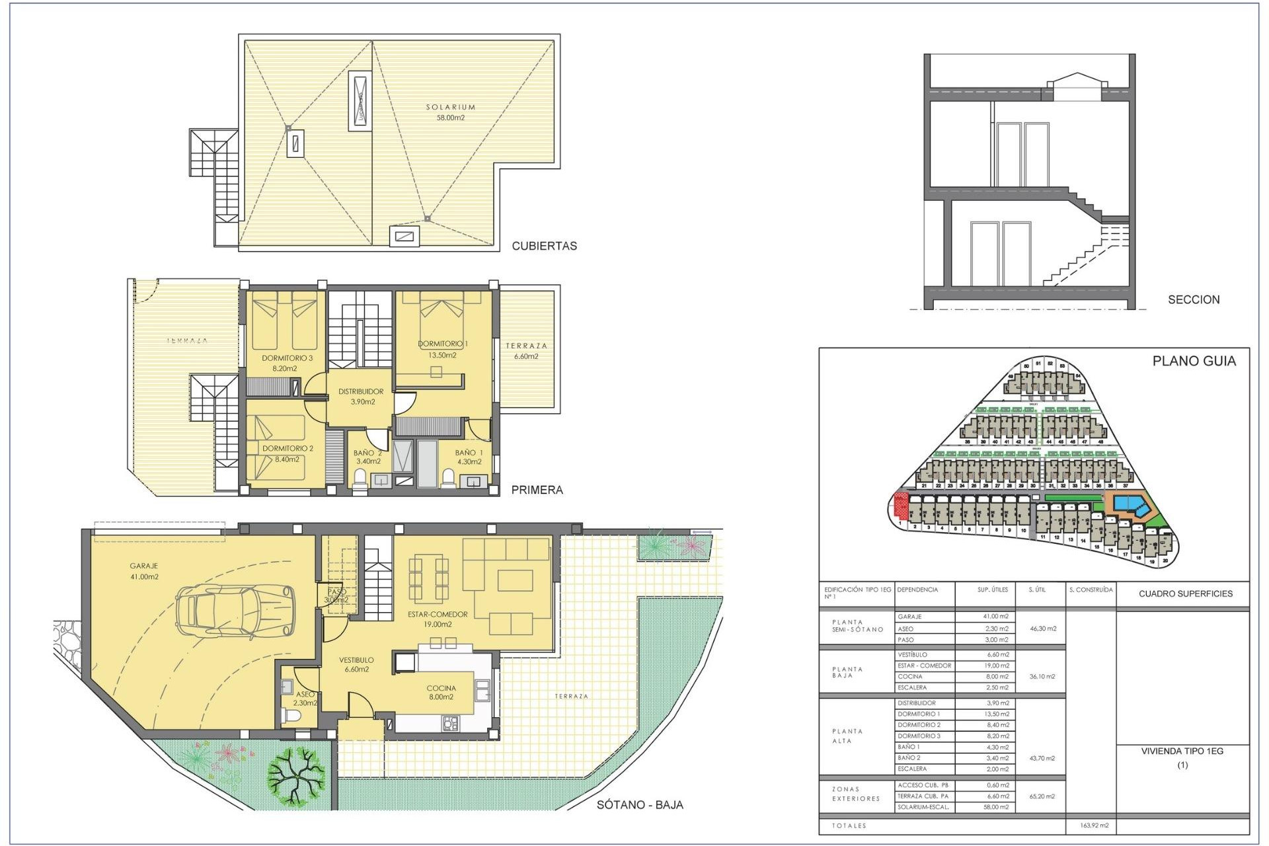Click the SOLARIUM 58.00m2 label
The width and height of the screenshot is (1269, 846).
tap(450, 112)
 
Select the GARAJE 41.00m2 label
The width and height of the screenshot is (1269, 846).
tap(144, 571)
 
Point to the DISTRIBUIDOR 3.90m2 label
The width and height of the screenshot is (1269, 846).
tap(361, 397)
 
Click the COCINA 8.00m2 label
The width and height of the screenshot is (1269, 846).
tap(441, 692)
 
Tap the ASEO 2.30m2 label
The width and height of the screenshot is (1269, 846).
tap(305, 699)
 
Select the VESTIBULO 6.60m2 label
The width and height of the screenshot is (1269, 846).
tap(356, 664)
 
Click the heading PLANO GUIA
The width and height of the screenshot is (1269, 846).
tap(1194, 361)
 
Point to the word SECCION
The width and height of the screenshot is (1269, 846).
tap(1194, 299)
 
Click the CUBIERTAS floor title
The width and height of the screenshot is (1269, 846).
tap(544, 246)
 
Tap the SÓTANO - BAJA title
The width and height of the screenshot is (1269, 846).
tap(639, 804)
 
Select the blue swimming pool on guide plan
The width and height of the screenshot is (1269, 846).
tap(1131, 504)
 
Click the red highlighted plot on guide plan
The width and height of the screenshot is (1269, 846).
tap(900, 506)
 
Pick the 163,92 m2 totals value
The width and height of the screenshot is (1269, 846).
tap(1094, 826)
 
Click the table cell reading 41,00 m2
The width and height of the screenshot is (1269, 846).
tap(995, 617)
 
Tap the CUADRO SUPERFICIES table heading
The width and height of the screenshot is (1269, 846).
tap(1185, 594)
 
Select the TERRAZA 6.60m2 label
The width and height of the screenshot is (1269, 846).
tap(526, 351)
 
